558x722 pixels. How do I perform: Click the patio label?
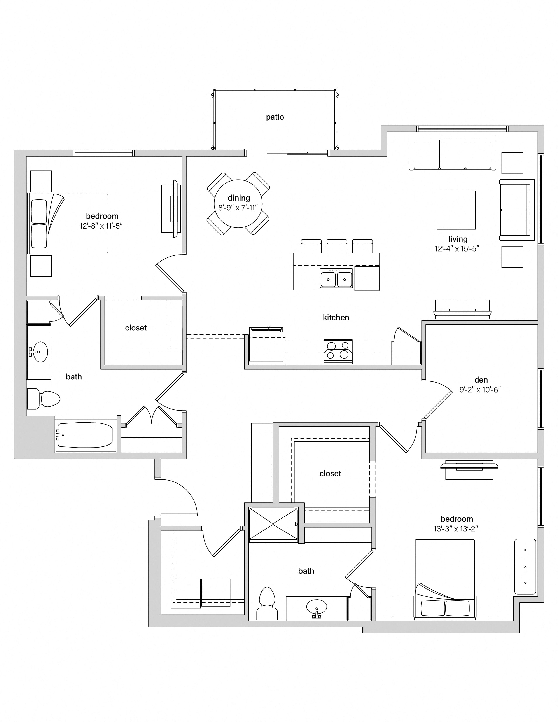click(275, 117)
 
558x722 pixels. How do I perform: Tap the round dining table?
click(238, 204)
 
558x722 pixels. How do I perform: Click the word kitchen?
click(336, 317)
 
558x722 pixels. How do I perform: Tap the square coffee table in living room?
click(456, 210)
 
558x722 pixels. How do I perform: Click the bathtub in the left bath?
click(85, 435)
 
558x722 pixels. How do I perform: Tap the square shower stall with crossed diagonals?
click(273, 524)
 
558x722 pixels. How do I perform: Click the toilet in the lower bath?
click(267, 603)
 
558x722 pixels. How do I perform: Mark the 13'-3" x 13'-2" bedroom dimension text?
click(456, 529)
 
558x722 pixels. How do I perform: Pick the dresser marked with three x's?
click(525, 567)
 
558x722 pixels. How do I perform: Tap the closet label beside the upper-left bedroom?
click(136, 328)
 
